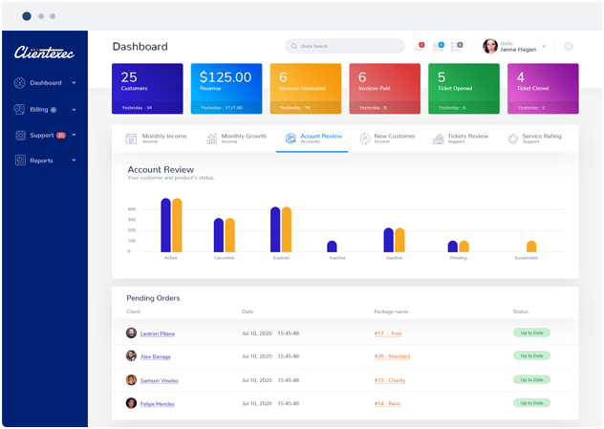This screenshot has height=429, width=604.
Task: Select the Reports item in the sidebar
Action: pyautogui.click(x=41, y=161)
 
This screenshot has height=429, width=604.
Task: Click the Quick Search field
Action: pyautogui.click(x=345, y=46)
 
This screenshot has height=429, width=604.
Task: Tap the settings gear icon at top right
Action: pyautogui.click(x=569, y=46)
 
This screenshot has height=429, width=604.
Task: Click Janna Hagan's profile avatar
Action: pyautogui.click(x=490, y=46)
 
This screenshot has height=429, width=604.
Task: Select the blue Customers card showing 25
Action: pyautogui.click(x=146, y=88)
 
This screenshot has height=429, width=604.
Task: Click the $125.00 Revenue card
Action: pyautogui.click(x=226, y=88)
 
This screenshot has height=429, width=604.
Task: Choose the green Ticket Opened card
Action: pyautogui.click(x=463, y=88)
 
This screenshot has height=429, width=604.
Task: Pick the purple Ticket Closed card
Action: pyautogui.click(x=542, y=88)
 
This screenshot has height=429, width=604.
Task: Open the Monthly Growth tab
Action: pyautogui.click(x=237, y=139)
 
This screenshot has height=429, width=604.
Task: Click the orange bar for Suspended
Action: pyautogui.click(x=531, y=247)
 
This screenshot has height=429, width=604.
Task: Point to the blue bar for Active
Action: pyautogui.click(x=165, y=225)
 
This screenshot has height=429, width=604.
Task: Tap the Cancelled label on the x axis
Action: pyautogui.click(x=224, y=258)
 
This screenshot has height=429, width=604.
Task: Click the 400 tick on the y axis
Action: pyautogui.click(x=132, y=209)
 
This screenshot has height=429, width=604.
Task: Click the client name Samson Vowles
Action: pyautogui.click(x=160, y=379)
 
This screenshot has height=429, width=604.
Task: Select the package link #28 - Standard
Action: pyautogui.click(x=392, y=355)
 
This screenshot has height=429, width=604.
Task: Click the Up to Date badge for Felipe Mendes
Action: pyautogui.click(x=532, y=402)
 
